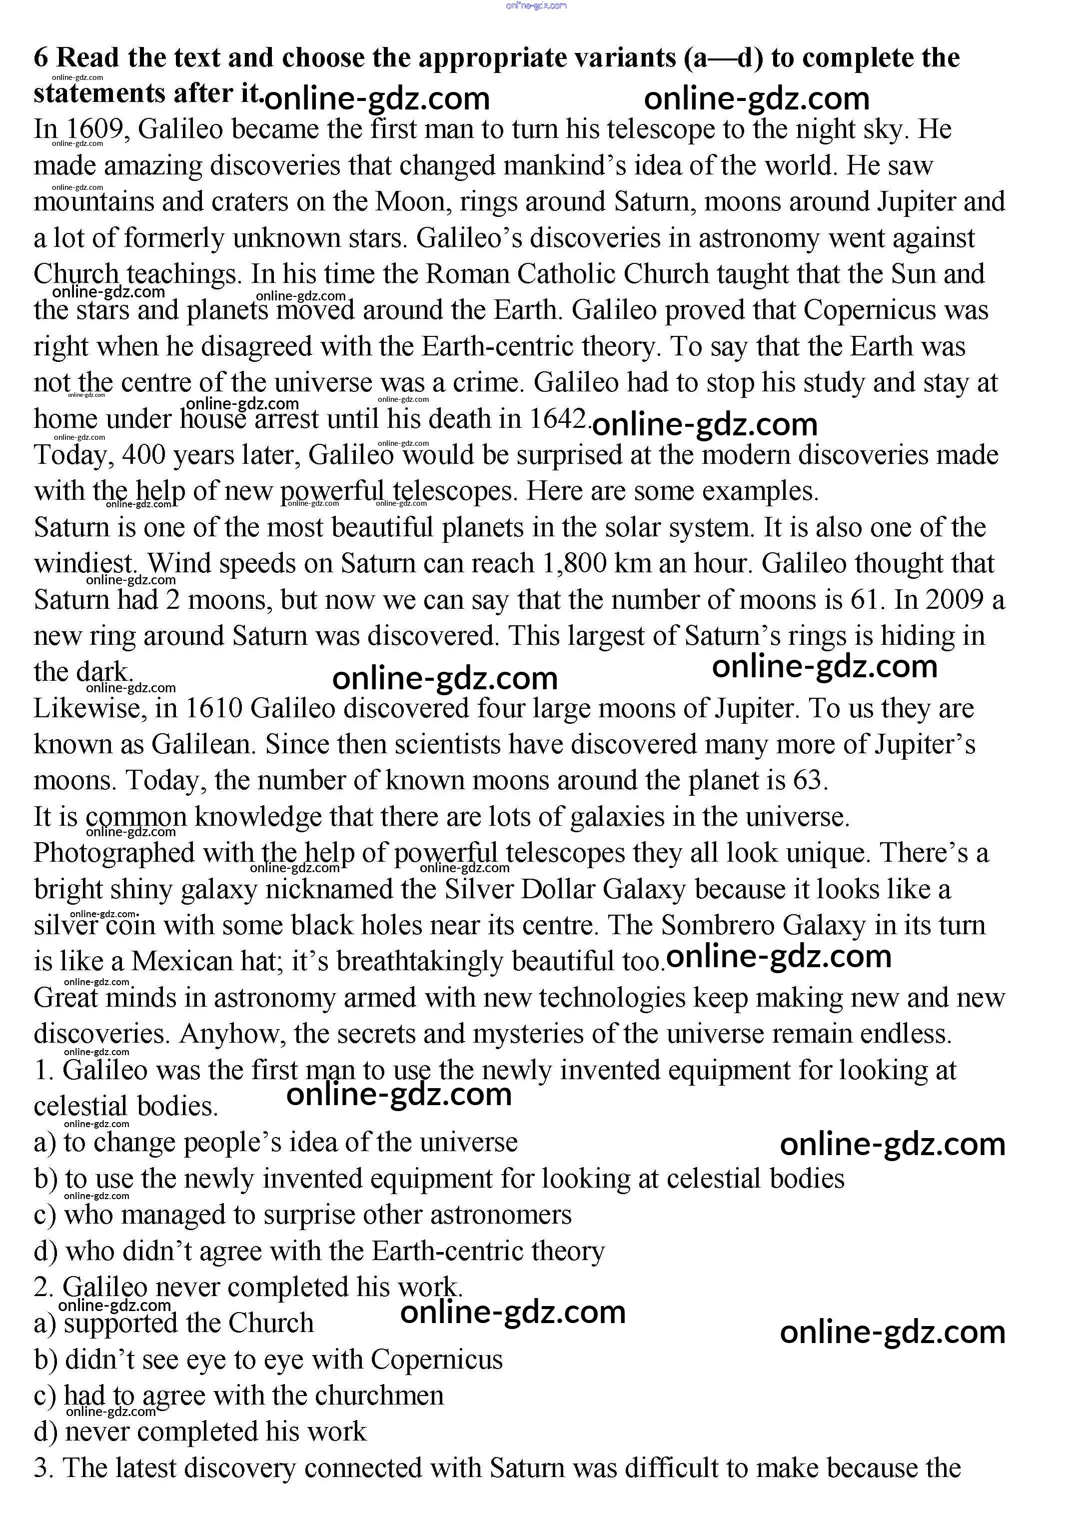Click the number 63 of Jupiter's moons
[x=808, y=781]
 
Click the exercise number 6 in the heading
[x=41, y=58]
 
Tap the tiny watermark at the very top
[x=536, y=6]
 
